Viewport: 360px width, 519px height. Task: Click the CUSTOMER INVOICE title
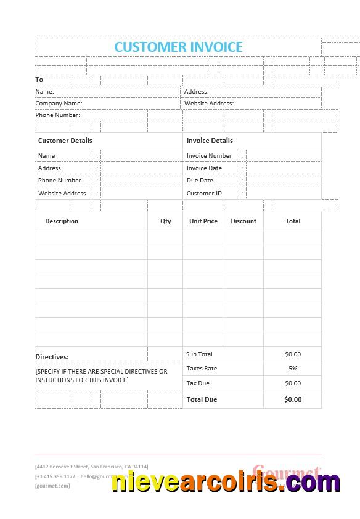[178, 47]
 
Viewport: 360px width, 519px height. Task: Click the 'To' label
[39, 80]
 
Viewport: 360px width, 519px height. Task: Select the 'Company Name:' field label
[59, 104]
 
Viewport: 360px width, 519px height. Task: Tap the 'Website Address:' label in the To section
[209, 104]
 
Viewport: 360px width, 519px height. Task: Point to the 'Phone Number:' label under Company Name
[57, 115]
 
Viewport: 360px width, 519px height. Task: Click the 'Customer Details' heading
[65, 141]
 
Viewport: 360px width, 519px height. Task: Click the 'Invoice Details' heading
[210, 141]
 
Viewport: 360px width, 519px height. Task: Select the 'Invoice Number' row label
[209, 156]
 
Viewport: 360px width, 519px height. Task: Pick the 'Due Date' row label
[200, 181]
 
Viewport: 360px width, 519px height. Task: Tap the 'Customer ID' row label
[204, 194]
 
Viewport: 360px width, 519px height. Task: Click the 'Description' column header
[62, 221]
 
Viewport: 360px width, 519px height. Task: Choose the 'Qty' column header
[166, 221]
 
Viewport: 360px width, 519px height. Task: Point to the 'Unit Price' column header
[203, 221]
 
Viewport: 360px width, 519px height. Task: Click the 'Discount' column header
[243, 221]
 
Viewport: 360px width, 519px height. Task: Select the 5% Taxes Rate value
[293, 369]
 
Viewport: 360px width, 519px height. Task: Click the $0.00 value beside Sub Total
[293, 354]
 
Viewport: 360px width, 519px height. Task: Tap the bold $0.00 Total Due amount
[293, 399]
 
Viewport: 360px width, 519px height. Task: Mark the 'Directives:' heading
[52, 357]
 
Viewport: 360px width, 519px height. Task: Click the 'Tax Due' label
[198, 383]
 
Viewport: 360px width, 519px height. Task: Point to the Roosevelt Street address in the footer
[92, 467]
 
